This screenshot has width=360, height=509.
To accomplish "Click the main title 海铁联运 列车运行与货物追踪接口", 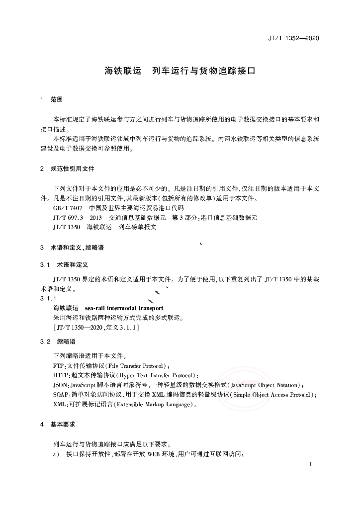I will (x=180, y=71).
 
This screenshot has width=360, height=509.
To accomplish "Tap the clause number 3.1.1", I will (x=50, y=298).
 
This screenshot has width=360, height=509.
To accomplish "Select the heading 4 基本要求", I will (x=58, y=425).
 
